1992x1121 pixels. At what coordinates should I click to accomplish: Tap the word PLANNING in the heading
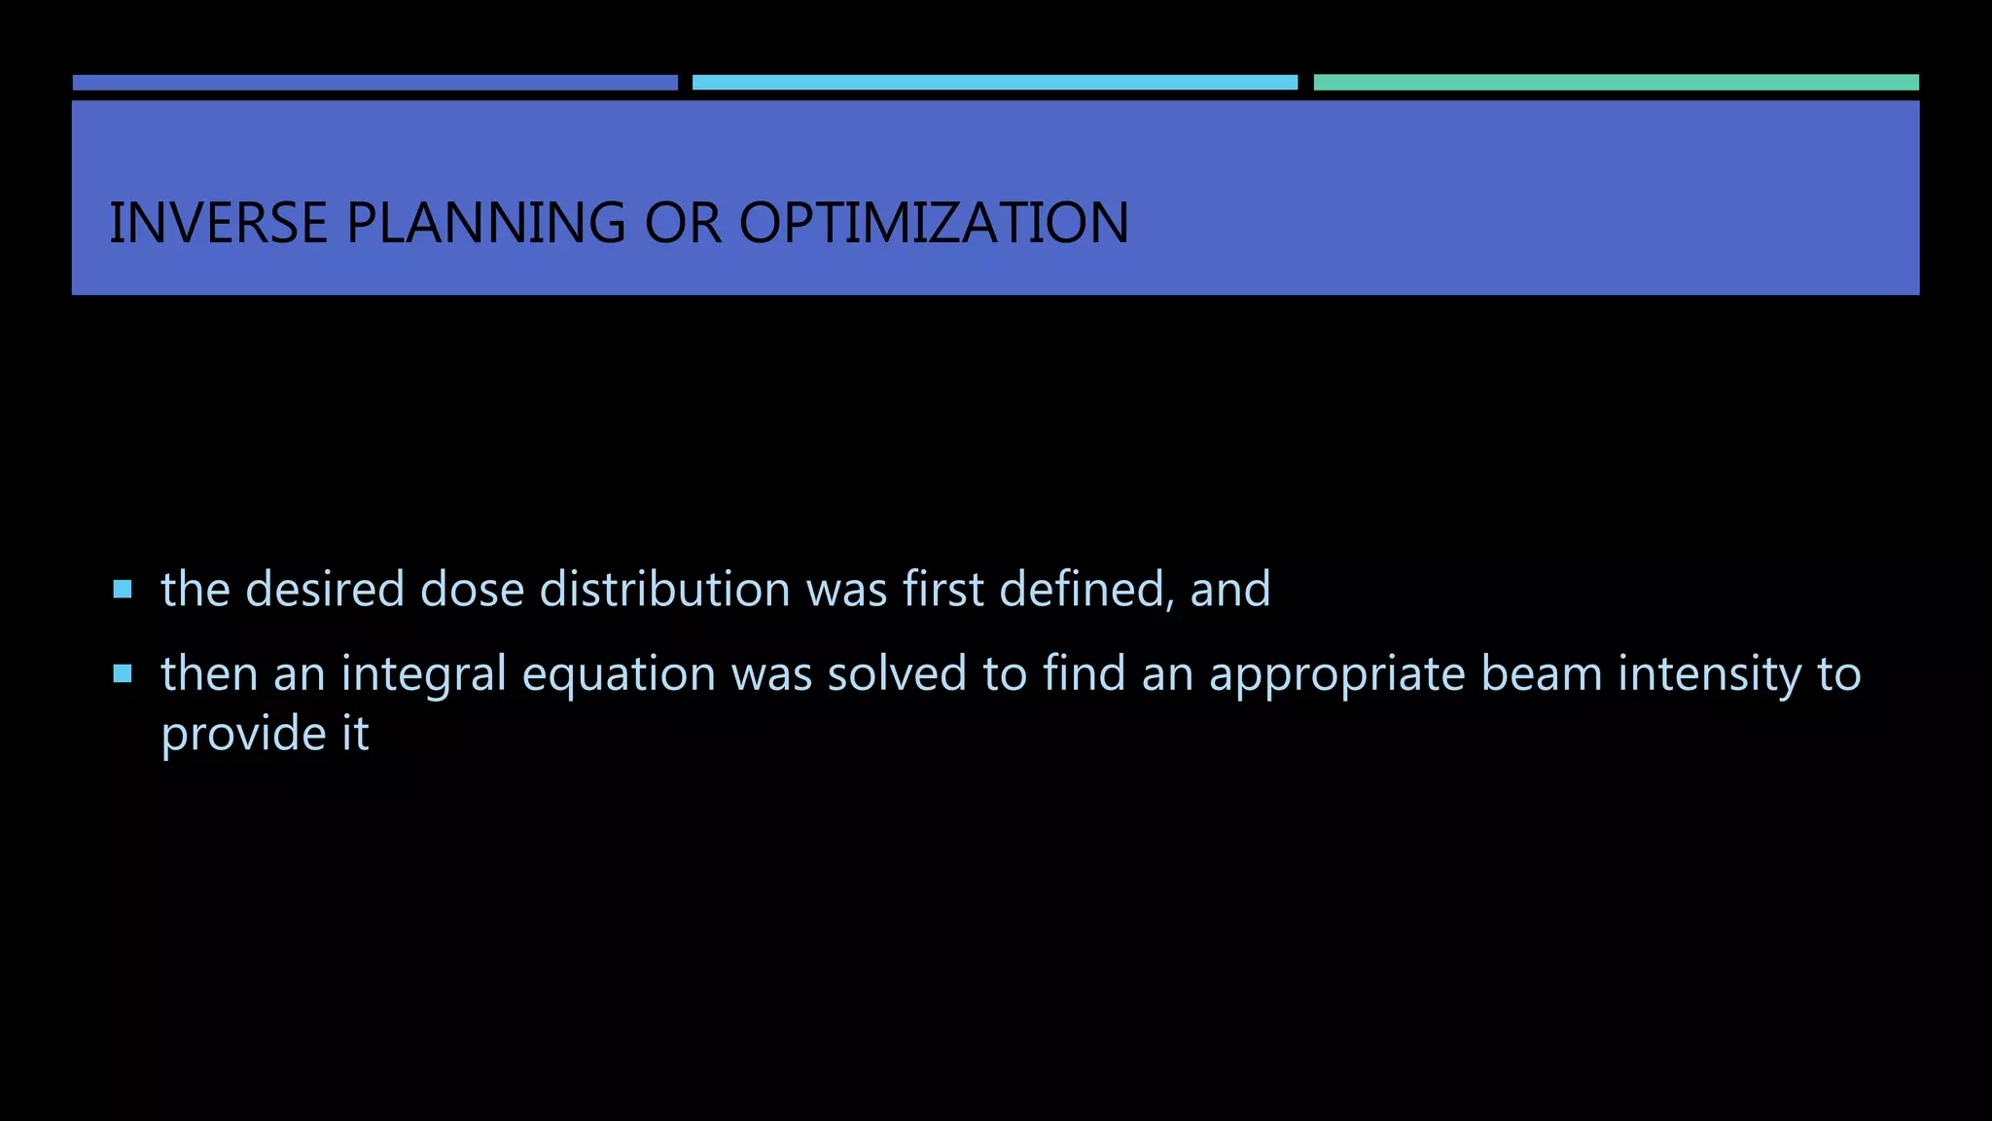coord(486,223)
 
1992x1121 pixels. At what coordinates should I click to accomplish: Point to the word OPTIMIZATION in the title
coord(934,223)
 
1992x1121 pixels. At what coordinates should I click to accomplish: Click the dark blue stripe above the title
coord(374,83)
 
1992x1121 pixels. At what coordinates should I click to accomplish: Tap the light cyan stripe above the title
coord(994,83)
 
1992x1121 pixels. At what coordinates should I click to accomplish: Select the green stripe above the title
coord(1616,83)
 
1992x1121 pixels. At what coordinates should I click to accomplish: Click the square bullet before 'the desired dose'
coord(123,589)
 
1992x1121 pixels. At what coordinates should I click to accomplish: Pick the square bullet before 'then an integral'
coord(123,673)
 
